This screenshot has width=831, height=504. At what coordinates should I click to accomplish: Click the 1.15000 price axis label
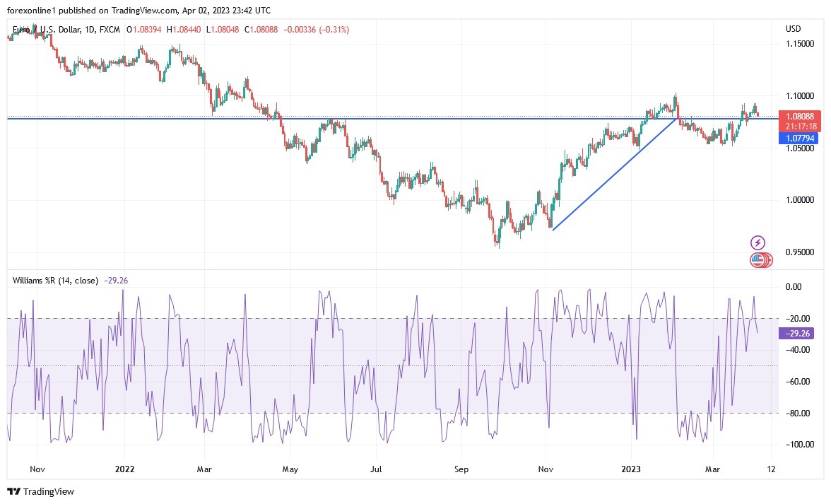pyautogui.click(x=800, y=44)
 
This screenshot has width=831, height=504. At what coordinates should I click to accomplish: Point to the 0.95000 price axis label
pyautogui.click(x=800, y=252)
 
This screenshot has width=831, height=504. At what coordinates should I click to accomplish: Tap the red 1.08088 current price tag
pyautogui.click(x=799, y=116)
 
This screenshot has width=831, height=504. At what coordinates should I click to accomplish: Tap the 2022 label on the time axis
pyautogui.click(x=124, y=469)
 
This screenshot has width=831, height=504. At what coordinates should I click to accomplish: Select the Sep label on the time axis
pyautogui.click(x=461, y=469)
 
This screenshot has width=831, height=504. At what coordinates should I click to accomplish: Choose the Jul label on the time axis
pyautogui.click(x=377, y=469)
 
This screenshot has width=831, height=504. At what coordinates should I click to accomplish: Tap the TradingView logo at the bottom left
pyautogui.click(x=40, y=491)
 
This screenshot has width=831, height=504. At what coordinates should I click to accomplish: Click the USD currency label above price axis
pyautogui.click(x=793, y=29)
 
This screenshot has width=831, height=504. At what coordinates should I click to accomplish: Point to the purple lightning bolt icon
pyautogui.click(x=758, y=242)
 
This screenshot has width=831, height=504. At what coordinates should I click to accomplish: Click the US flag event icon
pyautogui.click(x=758, y=260)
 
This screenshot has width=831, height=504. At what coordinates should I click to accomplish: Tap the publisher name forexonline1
pyautogui.click(x=35, y=9)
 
